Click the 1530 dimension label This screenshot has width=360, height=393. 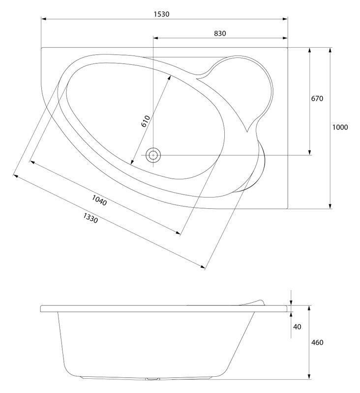point(161,14)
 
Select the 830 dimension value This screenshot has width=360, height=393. point(220,33)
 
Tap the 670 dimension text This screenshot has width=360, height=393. point(317,98)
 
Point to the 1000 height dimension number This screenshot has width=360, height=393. point(340,127)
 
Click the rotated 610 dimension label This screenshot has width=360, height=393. point(146,121)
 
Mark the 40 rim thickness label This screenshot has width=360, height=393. point(297,326)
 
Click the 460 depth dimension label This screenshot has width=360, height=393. point(317,342)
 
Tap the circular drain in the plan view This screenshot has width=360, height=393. point(153,155)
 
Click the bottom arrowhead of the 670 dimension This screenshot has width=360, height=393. point(310,152)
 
